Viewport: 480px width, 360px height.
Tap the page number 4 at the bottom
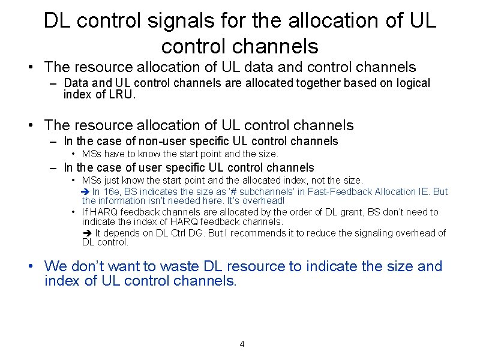[242, 344]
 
